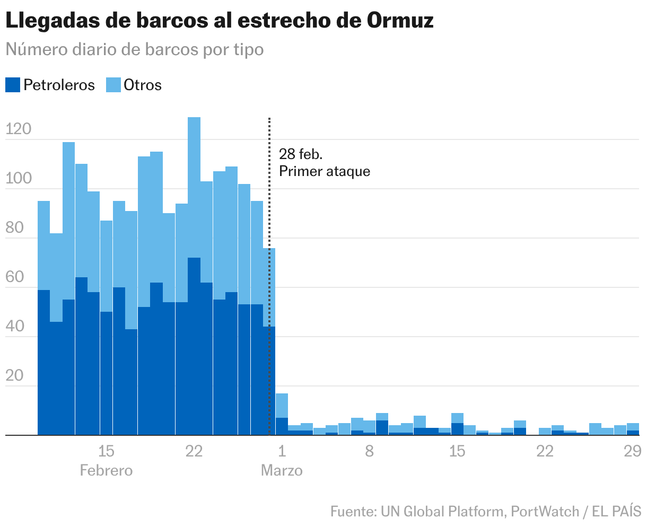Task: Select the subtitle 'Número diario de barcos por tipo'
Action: [x=134, y=49]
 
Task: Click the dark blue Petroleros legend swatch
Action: [x=13, y=85]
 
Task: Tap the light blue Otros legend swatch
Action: [x=113, y=85]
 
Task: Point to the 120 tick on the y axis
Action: [x=19, y=129]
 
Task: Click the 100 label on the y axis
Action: [x=19, y=179]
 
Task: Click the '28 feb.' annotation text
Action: [x=301, y=154]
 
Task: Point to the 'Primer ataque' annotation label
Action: [x=325, y=171]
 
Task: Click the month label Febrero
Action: [x=106, y=470]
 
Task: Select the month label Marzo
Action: [x=282, y=470]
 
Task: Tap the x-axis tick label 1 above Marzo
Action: [x=282, y=451]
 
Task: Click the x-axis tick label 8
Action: [x=370, y=451]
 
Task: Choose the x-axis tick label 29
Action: [x=632, y=451]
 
